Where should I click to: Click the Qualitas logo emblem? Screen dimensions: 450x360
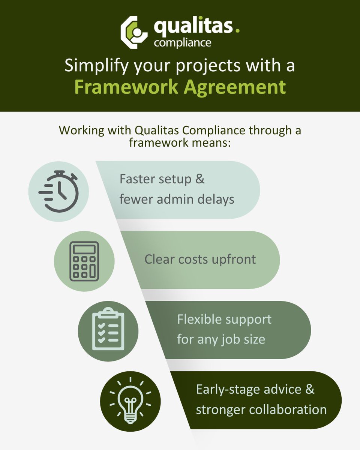point(135,32)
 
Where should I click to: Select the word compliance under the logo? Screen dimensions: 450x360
point(182,42)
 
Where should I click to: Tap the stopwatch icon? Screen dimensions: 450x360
point(58,192)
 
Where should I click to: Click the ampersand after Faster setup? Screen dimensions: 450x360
point(200,179)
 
